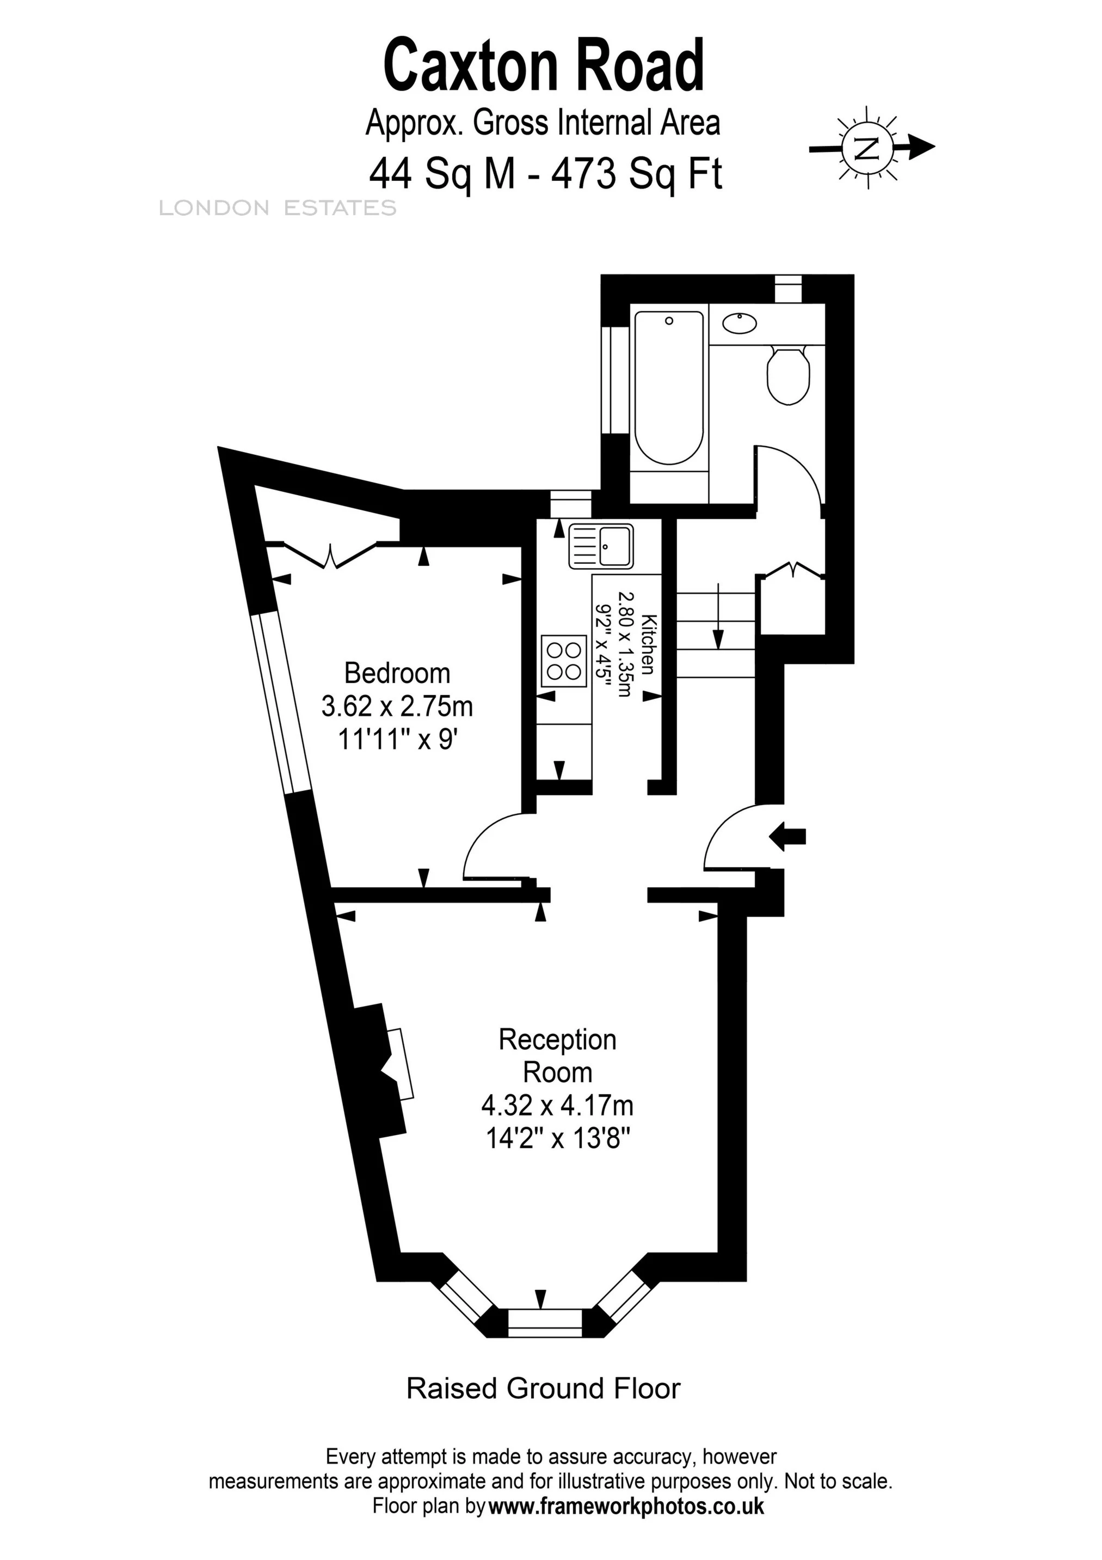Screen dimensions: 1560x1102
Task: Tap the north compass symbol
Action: point(866,147)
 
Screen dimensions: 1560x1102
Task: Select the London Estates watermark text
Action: point(277,208)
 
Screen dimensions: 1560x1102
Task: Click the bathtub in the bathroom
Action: point(669,387)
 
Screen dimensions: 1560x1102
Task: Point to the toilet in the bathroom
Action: point(787,376)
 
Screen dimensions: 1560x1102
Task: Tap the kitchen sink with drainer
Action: point(601,546)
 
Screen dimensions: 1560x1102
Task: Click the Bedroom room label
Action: point(397,673)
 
